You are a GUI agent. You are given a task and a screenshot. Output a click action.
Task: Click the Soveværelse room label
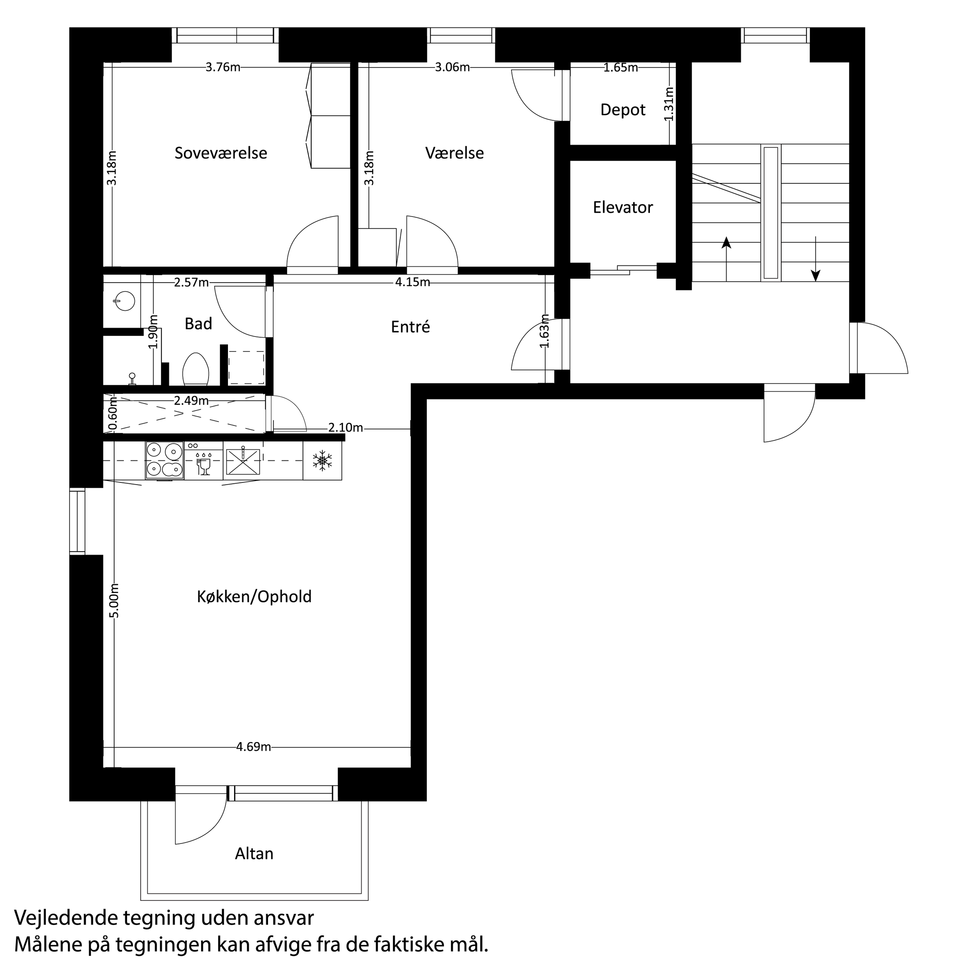click(221, 153)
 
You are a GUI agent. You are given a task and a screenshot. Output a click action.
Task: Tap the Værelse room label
click(455, 153)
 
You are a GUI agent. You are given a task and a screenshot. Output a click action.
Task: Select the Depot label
click(623, 110)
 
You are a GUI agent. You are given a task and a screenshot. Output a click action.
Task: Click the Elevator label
click(623, 207)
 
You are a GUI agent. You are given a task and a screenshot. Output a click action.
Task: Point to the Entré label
click(410, 327)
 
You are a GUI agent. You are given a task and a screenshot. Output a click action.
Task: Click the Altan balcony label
click(254, 854)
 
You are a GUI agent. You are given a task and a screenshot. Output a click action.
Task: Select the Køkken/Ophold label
click(254, 597)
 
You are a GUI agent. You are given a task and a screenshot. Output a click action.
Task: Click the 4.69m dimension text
click(254, 747)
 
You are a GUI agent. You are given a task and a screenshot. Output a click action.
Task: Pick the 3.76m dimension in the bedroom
click(223, 67)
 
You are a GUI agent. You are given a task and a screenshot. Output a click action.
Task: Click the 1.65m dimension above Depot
click(620, 68)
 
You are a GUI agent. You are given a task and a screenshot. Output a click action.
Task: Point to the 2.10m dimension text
click(345, 428)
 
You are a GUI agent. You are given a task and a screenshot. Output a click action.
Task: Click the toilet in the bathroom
click(196, 369)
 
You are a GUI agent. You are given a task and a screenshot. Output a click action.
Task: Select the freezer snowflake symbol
click(322, 460)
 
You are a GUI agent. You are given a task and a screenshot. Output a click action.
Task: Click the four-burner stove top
click(164, 461)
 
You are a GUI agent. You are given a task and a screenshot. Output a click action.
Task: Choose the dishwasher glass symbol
click(204, 465)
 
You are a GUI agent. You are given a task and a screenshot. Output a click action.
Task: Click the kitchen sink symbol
click(243, 461)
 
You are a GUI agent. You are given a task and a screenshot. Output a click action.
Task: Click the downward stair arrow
click(816, 261)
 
